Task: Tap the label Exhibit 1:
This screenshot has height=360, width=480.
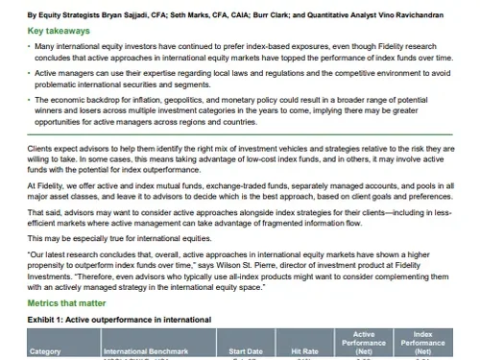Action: coord(48,318)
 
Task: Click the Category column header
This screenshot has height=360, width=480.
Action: coord(45,351)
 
